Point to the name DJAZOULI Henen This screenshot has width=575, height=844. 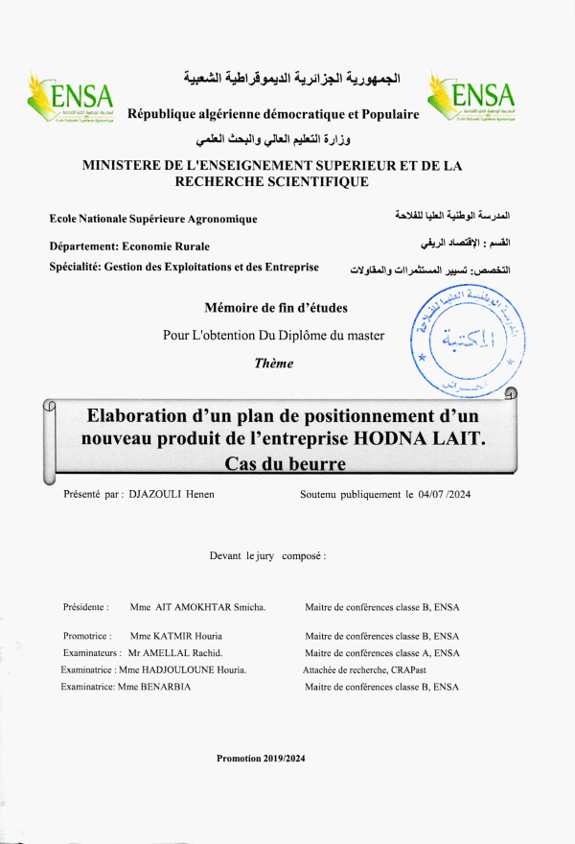pos(172,495)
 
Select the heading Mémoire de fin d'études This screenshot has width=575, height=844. pos(276,308)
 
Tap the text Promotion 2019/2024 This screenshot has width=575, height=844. pos(261,758)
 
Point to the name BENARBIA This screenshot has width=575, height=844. pos(166,687)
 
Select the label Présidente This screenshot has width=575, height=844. pos(85,607)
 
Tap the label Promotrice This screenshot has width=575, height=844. pos(87,636)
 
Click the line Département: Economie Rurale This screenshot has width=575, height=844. pos(129,246)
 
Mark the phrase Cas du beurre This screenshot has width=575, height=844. pos(284,464)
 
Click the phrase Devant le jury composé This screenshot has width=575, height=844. pos(267,555)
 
